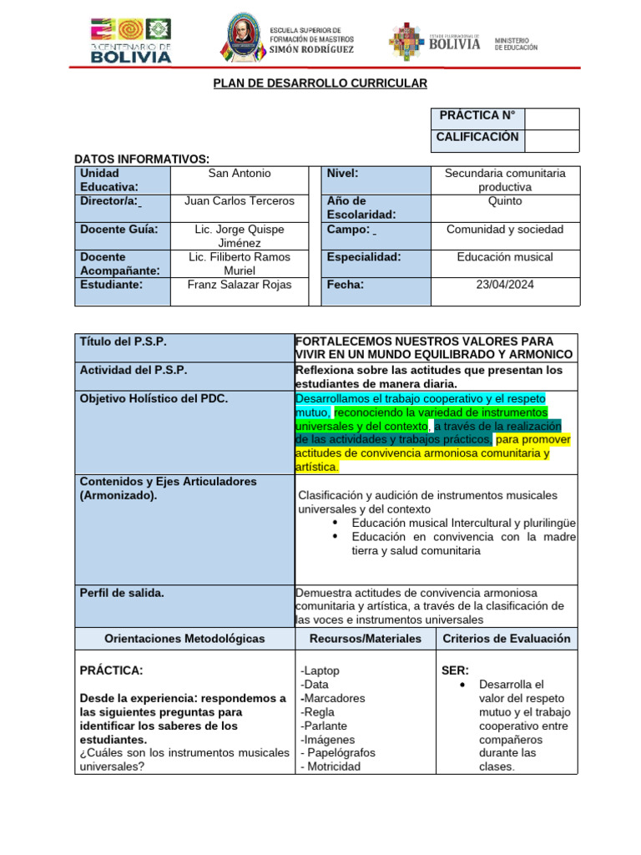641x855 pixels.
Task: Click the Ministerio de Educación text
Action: pos(516,44)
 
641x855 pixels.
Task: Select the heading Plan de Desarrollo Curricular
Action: pos(320,83)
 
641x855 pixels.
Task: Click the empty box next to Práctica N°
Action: pos(551,119)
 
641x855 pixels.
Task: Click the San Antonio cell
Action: pos(240,174)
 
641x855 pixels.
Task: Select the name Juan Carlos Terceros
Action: pos(240,201)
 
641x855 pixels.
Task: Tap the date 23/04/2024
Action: pos(505,285)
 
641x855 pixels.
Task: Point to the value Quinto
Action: pos(505,201)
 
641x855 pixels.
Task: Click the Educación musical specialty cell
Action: pos(505,257)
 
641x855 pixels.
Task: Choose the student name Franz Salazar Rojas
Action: pos(240,285)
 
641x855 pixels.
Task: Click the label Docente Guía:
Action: pos(119,229)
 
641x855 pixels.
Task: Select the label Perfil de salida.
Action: pos(122,593)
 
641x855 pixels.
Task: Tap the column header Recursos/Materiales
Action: pos(365,639)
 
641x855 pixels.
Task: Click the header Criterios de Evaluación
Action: pos(507,639)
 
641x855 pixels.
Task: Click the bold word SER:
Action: pos(455,670)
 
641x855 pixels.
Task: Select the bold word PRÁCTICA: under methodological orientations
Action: pos(111,670)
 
